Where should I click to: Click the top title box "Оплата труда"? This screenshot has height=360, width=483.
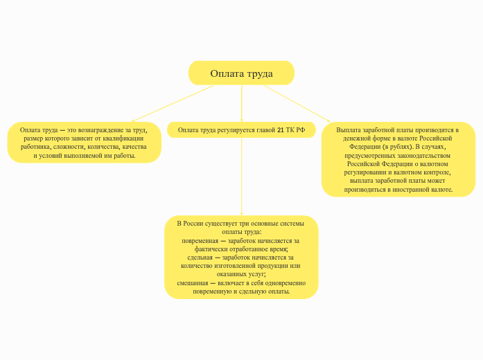coord(241,73)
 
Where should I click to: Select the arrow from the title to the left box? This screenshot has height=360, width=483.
coord(173,104)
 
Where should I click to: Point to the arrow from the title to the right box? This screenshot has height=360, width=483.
coord(297,104)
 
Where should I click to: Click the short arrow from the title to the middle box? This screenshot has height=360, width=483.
coord(241,104)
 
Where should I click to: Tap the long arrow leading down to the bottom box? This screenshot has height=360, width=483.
coord(241,177)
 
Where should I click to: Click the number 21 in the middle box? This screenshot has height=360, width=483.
coord(281,130)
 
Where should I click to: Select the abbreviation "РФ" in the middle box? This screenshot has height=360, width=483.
coord(301,130)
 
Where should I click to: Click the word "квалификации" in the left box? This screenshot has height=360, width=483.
coord(123,138)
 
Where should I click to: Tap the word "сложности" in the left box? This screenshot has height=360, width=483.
coord(67,147)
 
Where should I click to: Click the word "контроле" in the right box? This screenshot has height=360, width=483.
coord(437,172)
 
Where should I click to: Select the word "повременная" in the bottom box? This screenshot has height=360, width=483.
coord(200,241)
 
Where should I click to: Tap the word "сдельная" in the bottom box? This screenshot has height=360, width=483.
coord(200,258)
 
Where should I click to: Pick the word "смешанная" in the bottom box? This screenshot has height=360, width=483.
coord(193,283)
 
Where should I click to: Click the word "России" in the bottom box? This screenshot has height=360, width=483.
coord(193,224)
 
